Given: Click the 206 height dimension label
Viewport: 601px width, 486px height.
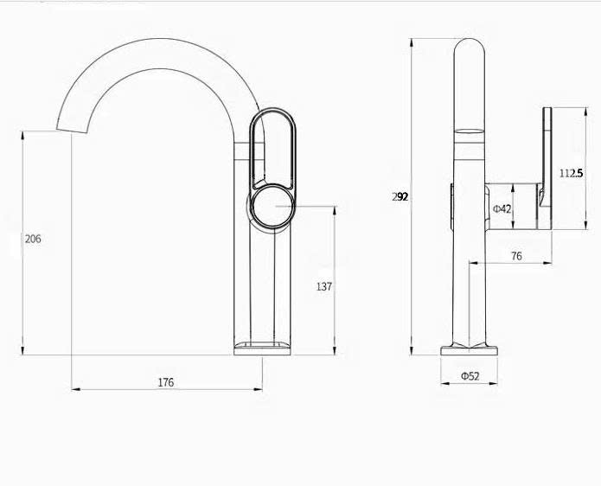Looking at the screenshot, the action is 33,239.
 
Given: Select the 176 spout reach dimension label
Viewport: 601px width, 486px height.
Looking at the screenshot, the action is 166,382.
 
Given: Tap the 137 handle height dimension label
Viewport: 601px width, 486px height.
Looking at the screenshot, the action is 324,286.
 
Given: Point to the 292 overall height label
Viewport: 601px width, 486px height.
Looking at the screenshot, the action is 400,196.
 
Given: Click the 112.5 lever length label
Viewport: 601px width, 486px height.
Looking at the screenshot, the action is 571,173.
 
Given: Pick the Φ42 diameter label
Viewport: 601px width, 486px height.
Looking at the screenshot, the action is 502,209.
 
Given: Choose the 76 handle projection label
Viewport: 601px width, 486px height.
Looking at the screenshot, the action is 516,256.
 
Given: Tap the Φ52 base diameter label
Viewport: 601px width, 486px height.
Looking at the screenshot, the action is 470,376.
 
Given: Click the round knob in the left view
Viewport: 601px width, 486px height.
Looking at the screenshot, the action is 272,206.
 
